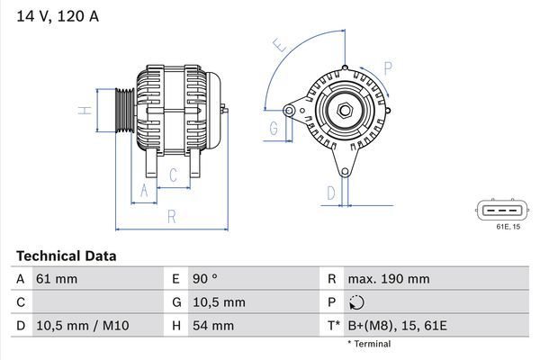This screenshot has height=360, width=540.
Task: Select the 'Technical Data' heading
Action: click(x=66, y=256)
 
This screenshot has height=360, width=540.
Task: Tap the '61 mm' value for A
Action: click(x=57, y=279)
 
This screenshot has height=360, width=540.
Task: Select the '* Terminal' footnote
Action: click(x=369, y=344)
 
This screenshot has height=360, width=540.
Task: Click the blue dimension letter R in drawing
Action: click(x=171, y=216)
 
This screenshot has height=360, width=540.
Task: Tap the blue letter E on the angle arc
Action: click(x=280, y=45)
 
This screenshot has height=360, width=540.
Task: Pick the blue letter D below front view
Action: click(x=331, y=192)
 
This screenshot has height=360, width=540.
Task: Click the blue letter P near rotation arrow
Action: click(x=388, y=67)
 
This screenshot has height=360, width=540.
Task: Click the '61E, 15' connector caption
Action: click(x=508, y=227)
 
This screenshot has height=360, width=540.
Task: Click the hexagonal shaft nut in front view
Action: click(x=345, y=110)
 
